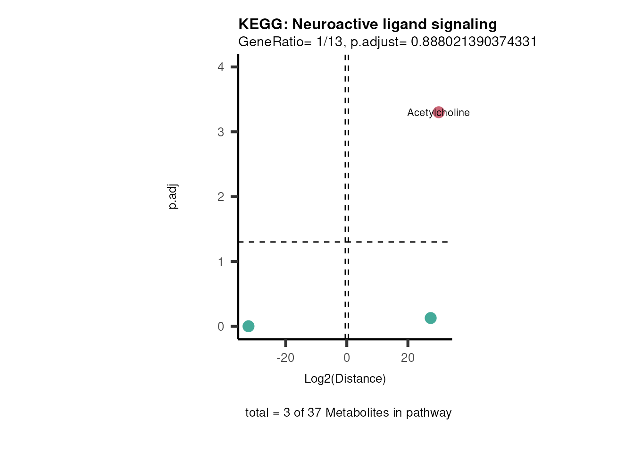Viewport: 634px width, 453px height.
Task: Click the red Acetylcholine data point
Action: coord(439,112)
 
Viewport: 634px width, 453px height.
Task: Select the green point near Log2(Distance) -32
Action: coord(249,326)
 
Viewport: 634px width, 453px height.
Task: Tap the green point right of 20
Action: coord(430,318)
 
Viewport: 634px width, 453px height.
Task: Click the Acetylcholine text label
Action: coord(420,113)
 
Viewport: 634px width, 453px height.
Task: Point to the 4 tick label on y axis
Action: coord(221,67)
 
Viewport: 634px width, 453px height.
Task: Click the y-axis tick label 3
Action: coord(221,132)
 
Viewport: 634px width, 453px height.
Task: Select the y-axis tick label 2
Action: coord(221,197)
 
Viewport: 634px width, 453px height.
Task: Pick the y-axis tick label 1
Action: coord(221,262)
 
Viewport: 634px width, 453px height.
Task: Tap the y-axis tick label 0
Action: coord(221,327)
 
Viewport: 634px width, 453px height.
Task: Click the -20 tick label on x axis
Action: coord(285,358)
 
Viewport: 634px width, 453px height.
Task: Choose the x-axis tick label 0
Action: coord(347,358)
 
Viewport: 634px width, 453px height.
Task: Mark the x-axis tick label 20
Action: coord(408,358)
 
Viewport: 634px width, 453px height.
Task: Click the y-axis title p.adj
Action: coord(173,197)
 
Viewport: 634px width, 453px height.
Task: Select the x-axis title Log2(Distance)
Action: coord(345,379)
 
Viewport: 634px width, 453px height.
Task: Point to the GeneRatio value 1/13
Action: coord(329,42)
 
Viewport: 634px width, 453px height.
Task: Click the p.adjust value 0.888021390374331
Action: coord(474,42)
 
